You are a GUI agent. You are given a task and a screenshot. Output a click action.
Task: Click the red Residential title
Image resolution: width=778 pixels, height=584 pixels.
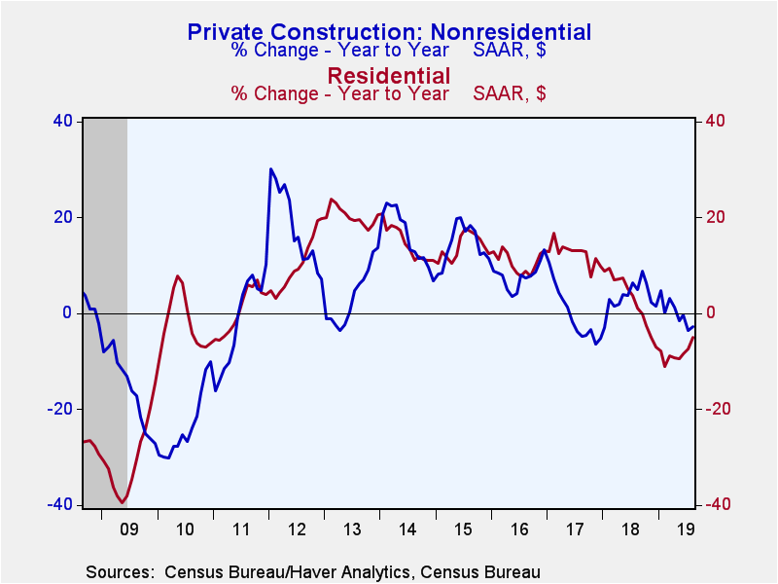pyautogui.click(x=388, y=75)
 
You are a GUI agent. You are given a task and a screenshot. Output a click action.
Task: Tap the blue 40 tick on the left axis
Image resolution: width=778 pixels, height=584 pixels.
pyautogui.click(x=62, y=121)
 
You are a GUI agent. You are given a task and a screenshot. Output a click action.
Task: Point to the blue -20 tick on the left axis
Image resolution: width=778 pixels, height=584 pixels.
pyautogui.click(x=60, y=409)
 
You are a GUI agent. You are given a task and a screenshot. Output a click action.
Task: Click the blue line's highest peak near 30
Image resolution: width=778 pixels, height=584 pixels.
pyautogui.click(x=271, y=169)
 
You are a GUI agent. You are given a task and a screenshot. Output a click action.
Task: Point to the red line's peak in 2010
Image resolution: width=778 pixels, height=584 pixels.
pyautogui.click(x=178, y=276)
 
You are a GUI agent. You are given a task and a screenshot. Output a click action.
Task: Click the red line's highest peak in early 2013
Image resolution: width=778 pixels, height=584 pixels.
pyautogui.click(x=332, y=200)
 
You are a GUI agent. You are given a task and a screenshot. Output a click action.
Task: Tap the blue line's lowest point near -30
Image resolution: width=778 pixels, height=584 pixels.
pyautogui.click(x=168, y=457)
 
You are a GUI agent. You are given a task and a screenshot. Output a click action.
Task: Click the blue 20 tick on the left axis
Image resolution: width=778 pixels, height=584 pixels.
pyautogui.click(x=62, y=217)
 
